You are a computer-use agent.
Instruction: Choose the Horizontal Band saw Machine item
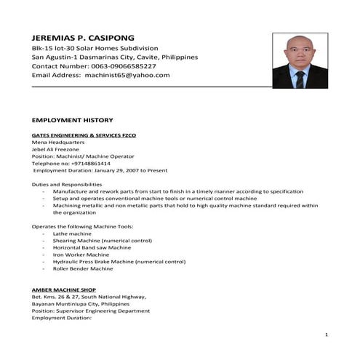[92, 247]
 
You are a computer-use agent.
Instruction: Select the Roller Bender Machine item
[83, 268]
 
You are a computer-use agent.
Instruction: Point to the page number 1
[327, 334]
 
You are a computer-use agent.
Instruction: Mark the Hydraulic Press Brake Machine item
[119, 262]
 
